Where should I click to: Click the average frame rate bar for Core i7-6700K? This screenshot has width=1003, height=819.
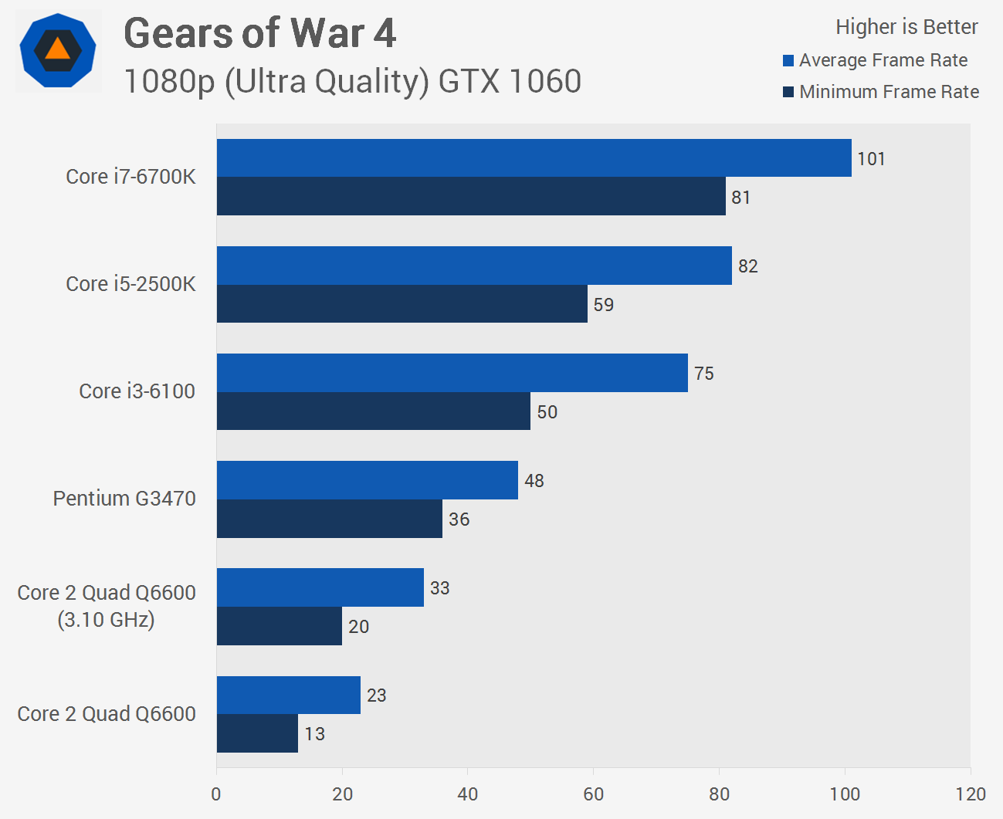534,158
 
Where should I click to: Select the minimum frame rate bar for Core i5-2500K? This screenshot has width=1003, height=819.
402,304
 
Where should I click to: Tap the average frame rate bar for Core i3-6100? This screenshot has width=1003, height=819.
452,373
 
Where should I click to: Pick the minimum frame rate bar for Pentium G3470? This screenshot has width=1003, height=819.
329,519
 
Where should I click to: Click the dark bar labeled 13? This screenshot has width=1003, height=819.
257,733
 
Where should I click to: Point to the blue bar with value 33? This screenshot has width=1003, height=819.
320,587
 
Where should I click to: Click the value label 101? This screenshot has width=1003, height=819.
871,159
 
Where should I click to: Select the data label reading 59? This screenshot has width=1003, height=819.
604,305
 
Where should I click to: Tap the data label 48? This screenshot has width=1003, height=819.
534,481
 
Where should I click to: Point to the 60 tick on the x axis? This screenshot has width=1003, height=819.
593,794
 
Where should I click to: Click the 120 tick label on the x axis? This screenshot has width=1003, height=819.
971,794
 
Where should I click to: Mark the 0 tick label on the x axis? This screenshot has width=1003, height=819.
216,794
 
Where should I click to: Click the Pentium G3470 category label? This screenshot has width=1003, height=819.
124,499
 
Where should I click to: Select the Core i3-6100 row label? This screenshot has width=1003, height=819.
137,391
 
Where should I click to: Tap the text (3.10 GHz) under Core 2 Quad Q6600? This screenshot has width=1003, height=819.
106,620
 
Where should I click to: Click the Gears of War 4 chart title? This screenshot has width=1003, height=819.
259,33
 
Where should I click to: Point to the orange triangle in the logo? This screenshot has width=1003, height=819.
58,50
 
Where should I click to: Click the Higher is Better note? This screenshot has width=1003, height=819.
906,27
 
